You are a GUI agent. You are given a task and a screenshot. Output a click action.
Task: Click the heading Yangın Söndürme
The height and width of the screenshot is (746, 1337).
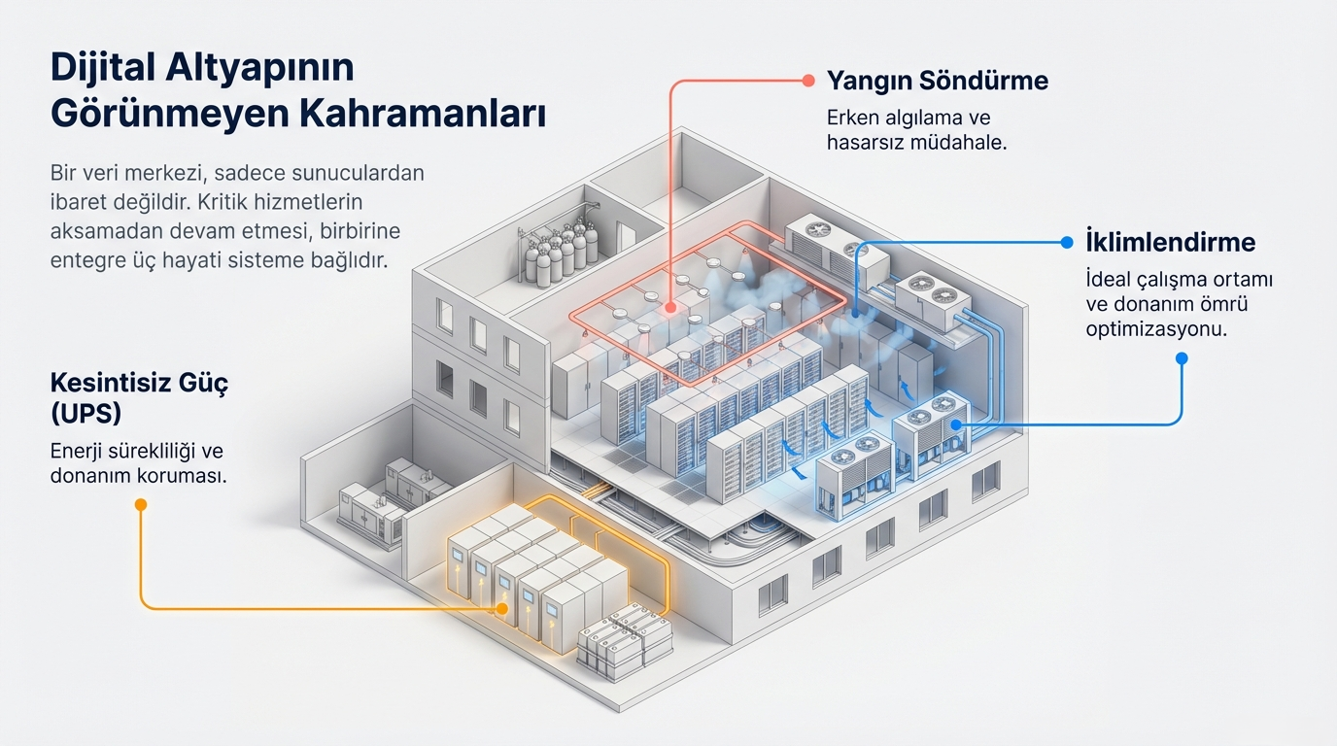pos(937,81)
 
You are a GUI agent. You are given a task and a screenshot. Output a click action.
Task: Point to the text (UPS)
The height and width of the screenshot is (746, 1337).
pos(86,413)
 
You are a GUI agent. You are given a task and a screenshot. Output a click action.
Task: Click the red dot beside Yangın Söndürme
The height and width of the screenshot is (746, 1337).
pos(806,82)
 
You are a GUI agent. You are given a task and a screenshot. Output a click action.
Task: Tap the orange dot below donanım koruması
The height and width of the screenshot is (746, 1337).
pos(141,504)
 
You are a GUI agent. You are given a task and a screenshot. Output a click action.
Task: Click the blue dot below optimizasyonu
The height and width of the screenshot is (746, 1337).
pos(1182,358)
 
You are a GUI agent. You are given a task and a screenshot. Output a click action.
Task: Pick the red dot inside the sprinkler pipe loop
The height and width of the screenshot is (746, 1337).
pos(670,309)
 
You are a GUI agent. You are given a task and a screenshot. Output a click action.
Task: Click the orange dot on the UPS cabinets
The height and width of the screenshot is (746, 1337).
pos(502,608)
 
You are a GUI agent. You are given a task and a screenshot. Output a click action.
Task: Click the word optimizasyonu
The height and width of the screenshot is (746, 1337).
pos(1156,328)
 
